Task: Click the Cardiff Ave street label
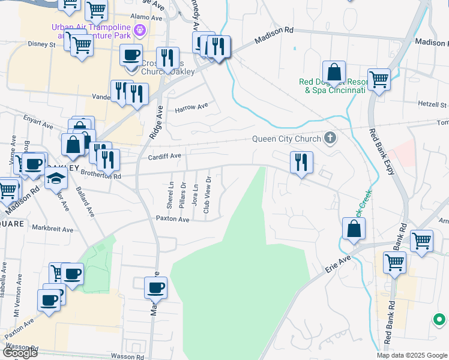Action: coord(164,157)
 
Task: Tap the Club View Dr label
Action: coord(207,195)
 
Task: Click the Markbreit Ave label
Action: coord(53,229)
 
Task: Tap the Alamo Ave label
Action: coord(147,18)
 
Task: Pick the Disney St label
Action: coord(41,44)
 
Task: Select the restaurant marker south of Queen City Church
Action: coord(301,162)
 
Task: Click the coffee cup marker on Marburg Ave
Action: coord(156,287)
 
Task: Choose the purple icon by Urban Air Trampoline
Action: coord(140,29)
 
